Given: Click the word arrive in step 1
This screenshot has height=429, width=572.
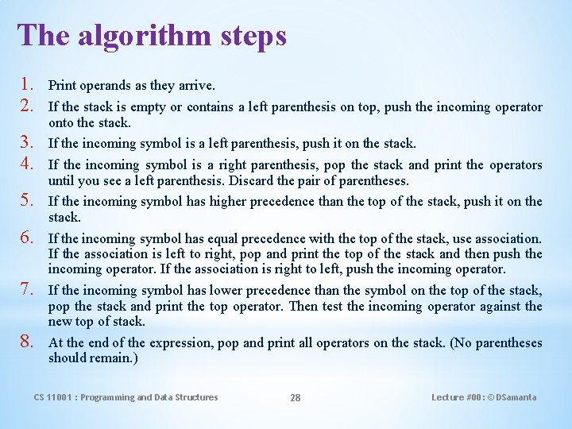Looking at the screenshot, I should click(x=197, y=85).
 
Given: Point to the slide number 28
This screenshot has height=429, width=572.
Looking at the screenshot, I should click(x=295, y=397).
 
